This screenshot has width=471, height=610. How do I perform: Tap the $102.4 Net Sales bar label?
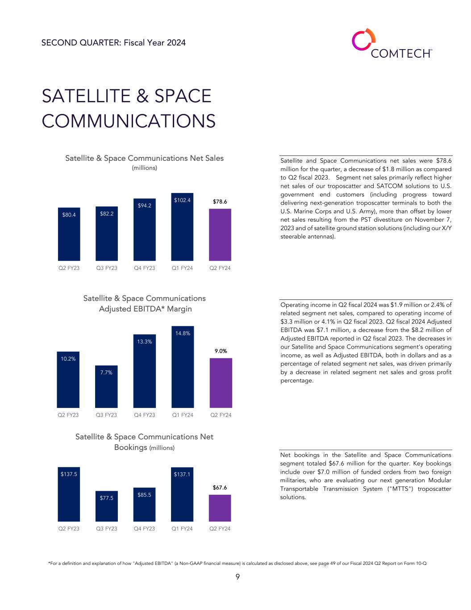pos(183,201)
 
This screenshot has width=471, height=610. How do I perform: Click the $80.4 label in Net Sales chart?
pos(69,215)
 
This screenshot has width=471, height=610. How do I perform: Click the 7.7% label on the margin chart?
pos(106,372)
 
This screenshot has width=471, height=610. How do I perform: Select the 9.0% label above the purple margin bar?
pos(221,351)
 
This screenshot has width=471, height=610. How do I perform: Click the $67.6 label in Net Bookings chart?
pos(220,488)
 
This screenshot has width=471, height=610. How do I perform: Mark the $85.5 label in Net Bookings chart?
pos(145,495)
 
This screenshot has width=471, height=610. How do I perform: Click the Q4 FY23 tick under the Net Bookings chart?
pos(145,529)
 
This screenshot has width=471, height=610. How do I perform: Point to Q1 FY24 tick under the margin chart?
pos(183,415)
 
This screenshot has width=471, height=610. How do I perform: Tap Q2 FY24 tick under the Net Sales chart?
pos(220,268)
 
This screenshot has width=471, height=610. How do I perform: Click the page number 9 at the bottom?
pos(238,577)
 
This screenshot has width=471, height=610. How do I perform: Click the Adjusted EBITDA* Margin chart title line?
pos(145,309)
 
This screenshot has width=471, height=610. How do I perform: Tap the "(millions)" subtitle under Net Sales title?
pos(144,168)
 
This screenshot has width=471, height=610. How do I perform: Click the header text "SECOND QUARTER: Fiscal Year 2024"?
pos(113,42)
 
